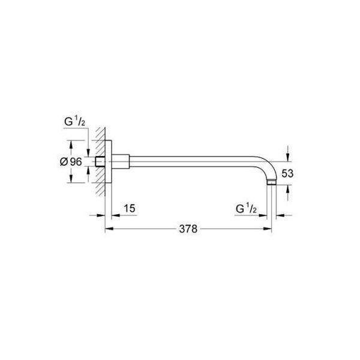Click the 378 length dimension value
pos(188,229)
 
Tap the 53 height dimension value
pos(287,173)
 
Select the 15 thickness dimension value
pos(130,208)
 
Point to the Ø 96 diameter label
pos(71,161)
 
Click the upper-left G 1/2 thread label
pos(74,122)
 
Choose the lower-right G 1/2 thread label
pos(246,209)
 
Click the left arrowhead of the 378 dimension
pos(109,229)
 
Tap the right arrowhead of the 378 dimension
pos(268,229)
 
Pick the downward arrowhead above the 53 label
pos(288,157)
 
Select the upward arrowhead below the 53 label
pos(288,189)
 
